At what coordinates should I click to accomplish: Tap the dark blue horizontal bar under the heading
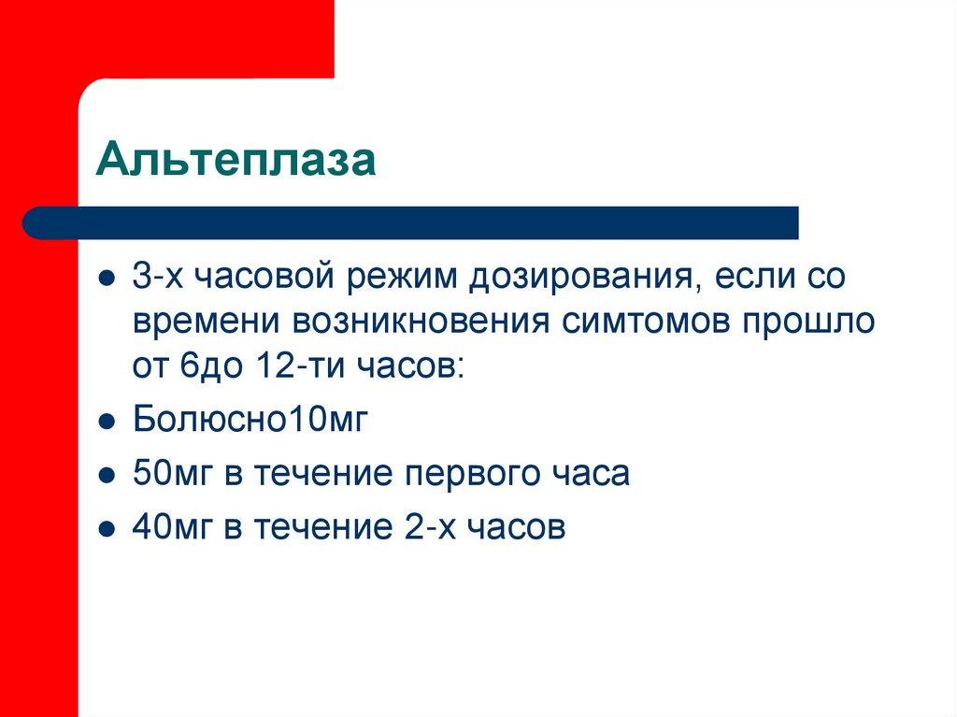(411, 222)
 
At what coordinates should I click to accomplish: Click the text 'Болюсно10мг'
(251, 419)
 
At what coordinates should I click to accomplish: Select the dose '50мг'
(172, 473)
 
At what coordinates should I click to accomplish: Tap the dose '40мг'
(172, 527)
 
